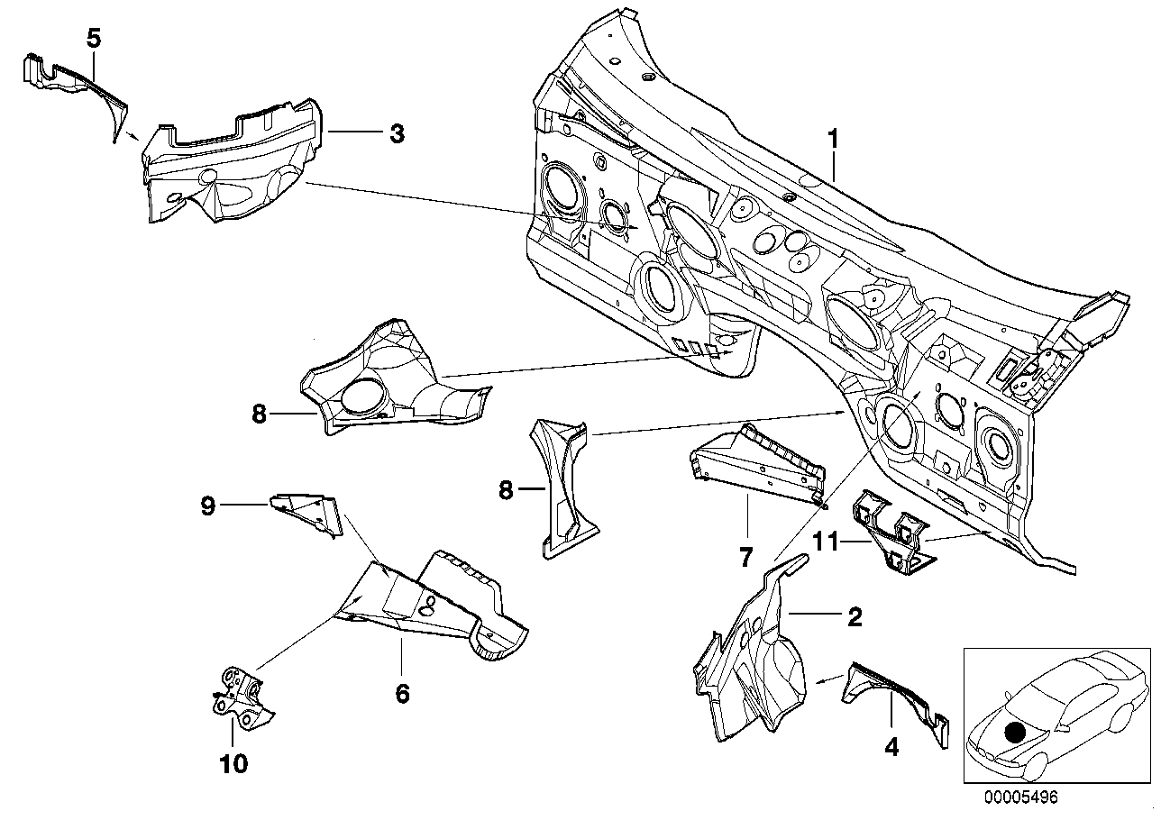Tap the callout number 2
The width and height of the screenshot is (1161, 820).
[x=854, y=617]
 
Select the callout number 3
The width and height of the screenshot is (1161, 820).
[x=397, y=134]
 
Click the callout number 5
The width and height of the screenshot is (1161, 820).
[x=94, y=38]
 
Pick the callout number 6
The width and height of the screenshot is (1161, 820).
[x=402, y=693]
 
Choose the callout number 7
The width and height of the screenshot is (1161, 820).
[x=745, y=557]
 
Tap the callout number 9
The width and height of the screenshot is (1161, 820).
[x=208, y=506]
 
